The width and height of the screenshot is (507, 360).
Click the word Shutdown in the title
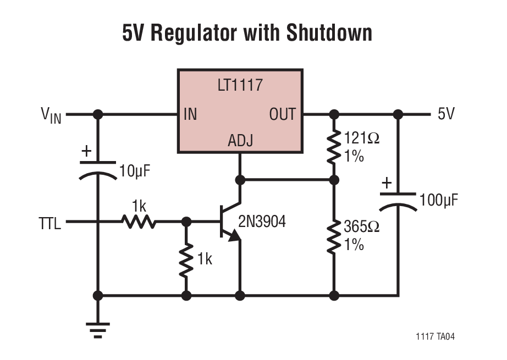[x=329, y=34]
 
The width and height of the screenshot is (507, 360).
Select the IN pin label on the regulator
[x=190, y=115]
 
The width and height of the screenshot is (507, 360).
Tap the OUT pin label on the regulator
[x=282, y=115]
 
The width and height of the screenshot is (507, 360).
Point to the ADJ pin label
[x=240, y=141]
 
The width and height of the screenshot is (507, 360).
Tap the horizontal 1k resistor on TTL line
[x=139, y=222]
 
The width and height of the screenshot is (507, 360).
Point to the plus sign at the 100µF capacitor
[x=387, y=182]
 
